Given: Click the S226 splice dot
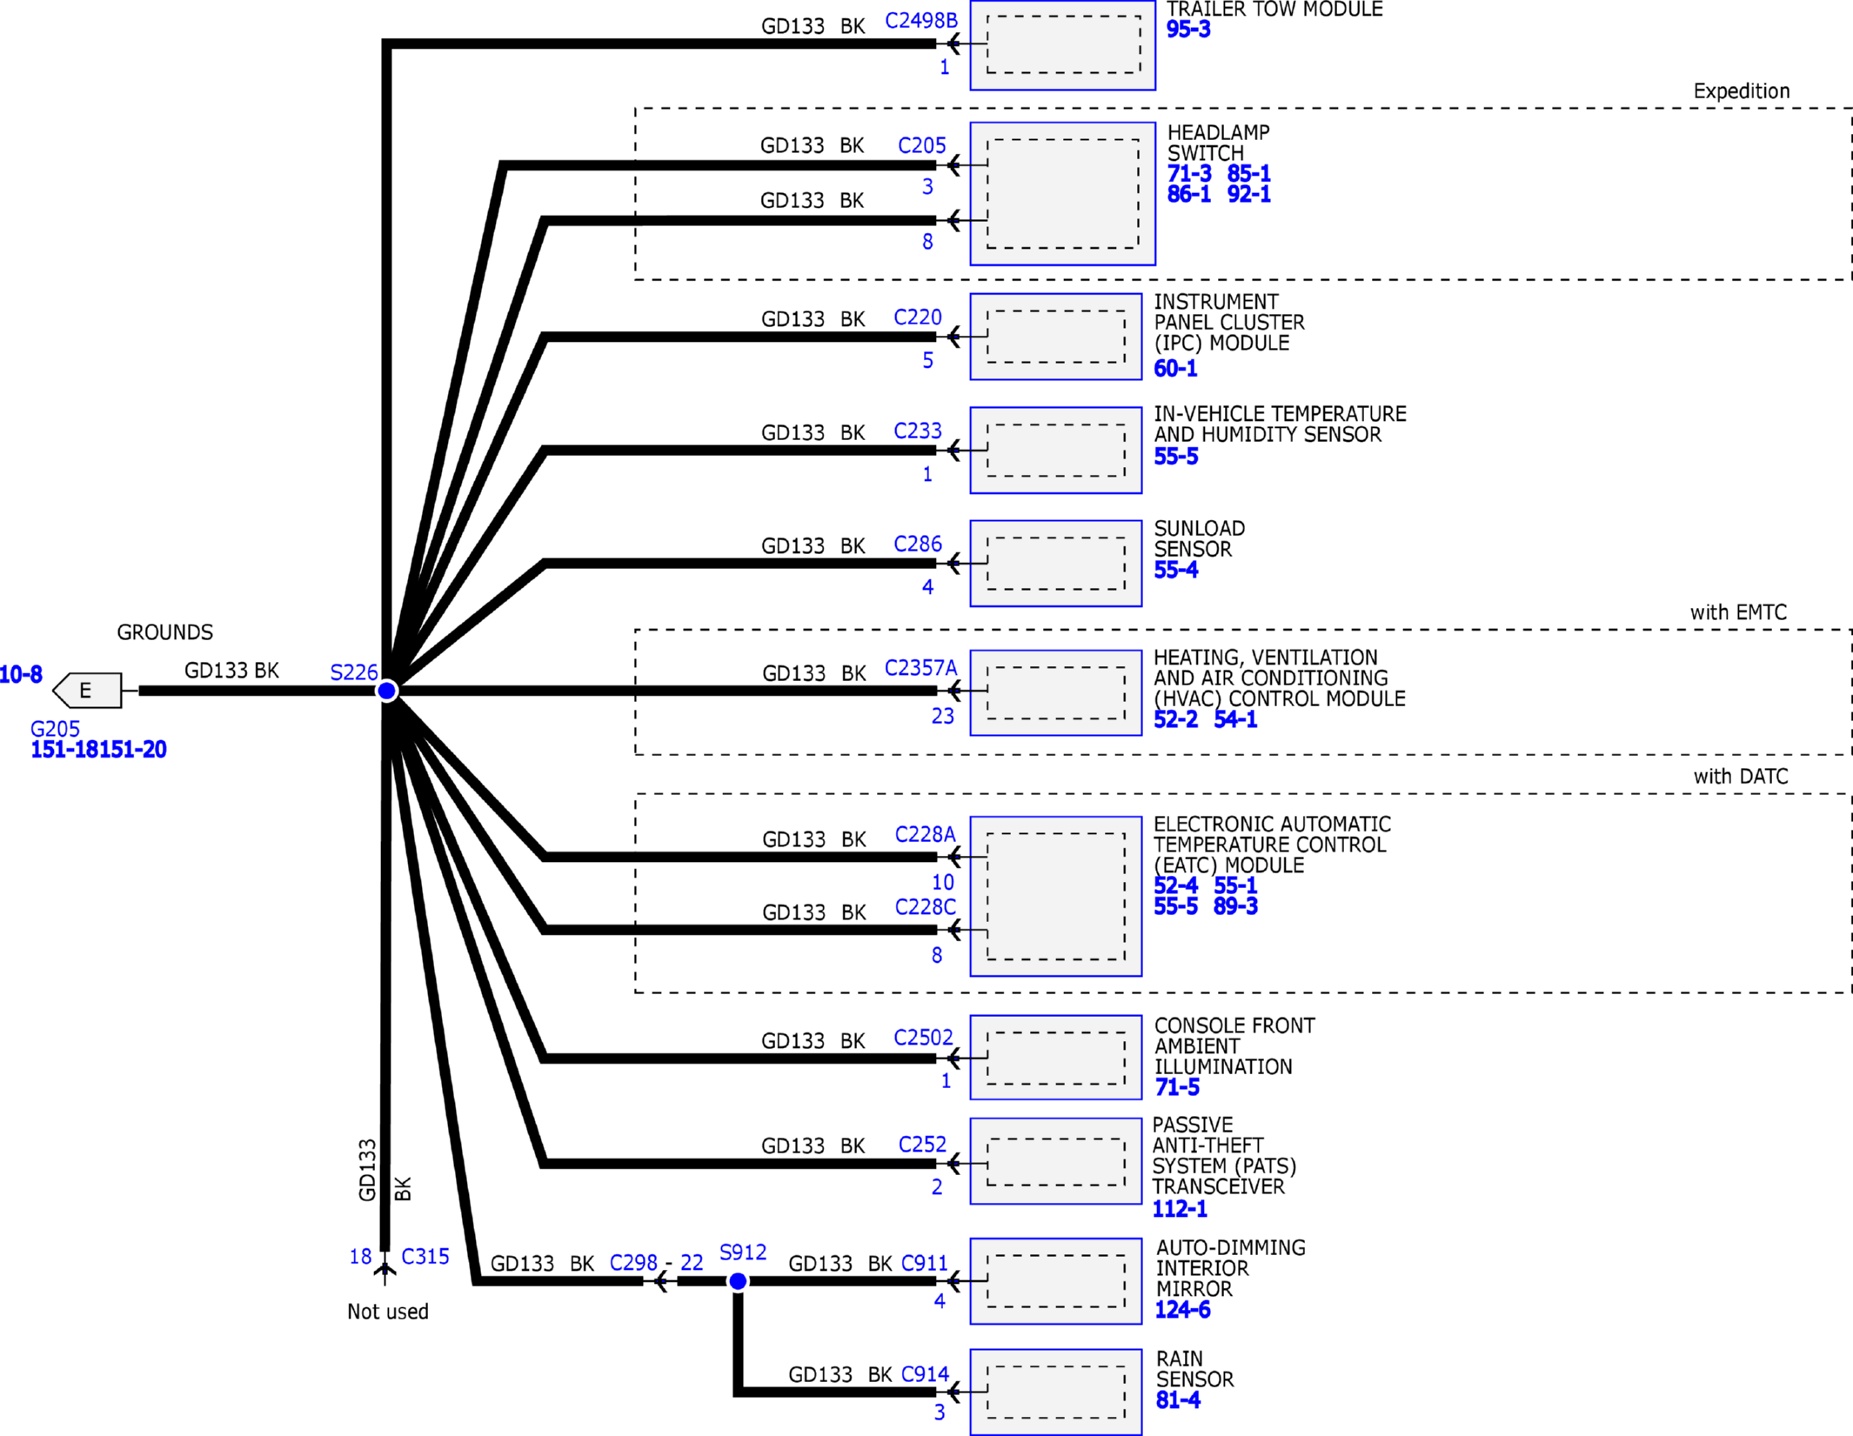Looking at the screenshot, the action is pos(387,691).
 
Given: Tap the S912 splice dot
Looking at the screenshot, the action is pos(738,1281).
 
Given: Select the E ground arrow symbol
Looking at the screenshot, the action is pos(87,691).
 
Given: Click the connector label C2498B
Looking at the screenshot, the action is pos(921,21).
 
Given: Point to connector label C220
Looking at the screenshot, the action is pos(918,317).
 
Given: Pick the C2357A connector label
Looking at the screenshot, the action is pos(921,668).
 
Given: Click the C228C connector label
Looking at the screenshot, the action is pos(926,907).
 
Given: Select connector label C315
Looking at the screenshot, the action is pos(425,1257).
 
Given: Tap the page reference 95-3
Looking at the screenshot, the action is pos(1188,30).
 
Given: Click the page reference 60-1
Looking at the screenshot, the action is pos(1176,369).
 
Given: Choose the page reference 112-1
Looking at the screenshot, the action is pos(1181,1209).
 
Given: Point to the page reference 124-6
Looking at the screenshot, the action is pos(1183,1310).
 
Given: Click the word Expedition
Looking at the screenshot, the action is pos(1742,91).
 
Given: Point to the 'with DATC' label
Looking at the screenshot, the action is pos(1741,777).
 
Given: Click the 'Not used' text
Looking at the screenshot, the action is pos(388,1312).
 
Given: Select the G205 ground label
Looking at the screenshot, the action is pos(55,729).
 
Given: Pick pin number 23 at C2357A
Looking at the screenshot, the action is pos(943,716).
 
